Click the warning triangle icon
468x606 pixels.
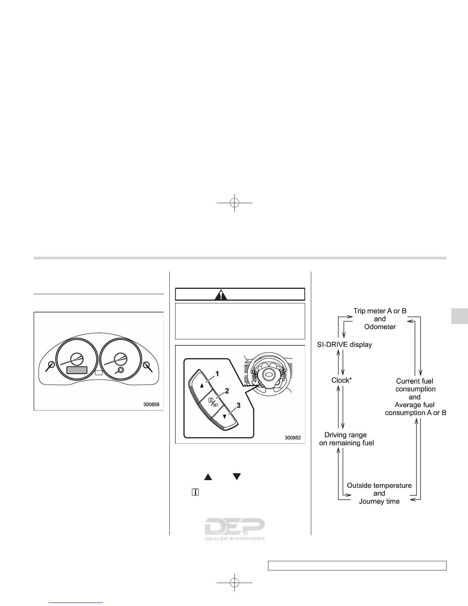point(221,295)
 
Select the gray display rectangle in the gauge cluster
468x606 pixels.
point(77,370)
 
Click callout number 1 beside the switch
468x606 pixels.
point(217,374)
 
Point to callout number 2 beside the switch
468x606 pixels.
point(227,391)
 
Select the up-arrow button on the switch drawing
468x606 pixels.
point(201,385)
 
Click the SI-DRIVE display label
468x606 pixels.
point(344,345)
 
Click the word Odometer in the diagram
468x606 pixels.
point(380,327)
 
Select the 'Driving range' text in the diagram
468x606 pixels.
point(346,435)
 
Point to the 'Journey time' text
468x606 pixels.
point(379,501)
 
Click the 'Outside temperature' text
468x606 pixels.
point(379,485)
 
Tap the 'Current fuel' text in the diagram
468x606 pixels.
point(415,381)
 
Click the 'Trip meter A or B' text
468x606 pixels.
point(380,311)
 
